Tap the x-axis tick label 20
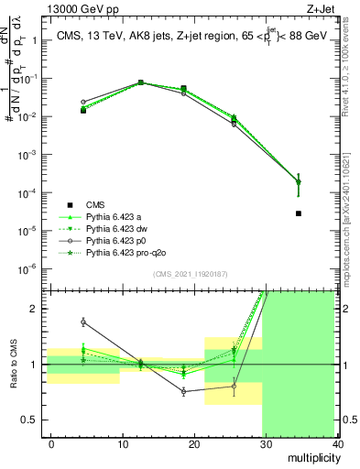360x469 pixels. [193, 444]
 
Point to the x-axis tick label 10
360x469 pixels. [122, 444]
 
